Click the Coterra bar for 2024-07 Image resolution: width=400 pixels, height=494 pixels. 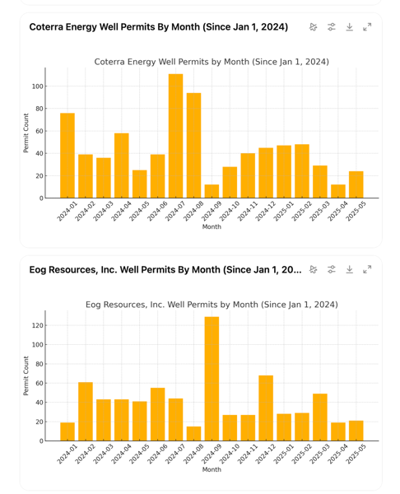tap(175, 136)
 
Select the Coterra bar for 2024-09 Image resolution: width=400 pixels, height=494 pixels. tap(212, 191)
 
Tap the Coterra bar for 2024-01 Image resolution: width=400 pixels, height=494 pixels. tap(67, 156)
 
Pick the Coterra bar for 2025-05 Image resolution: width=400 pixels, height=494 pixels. tap(356, 184)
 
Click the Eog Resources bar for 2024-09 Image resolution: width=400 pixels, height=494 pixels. tap(212, 379)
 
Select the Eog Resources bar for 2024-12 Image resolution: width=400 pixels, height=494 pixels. tap(266, 408)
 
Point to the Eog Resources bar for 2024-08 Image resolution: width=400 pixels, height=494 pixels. tap(193, 434)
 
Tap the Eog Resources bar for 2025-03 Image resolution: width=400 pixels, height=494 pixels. tap(320, 417)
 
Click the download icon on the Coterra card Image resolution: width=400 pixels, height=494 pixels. tap(349, 27)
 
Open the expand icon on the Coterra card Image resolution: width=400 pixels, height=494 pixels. tap(367, 27)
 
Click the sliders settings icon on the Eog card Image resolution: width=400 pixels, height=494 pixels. tap(332, 270)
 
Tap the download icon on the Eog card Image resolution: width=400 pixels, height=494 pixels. tap(349, 270)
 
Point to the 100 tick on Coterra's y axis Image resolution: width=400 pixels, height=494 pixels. tap(38, 86)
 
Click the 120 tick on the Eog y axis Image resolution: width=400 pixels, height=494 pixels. tap(38, 325)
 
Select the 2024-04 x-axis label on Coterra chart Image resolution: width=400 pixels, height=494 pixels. tap(122, 211)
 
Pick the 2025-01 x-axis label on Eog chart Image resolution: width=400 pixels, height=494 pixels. tap(284, 454)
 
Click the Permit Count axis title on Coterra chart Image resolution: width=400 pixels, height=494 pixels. tap(26, 133)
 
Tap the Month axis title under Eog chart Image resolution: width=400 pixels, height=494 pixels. tap(212, 469)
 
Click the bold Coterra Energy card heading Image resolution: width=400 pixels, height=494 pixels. tap(159, 27)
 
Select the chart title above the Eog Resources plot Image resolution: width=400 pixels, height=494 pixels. tap(212, 305)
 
